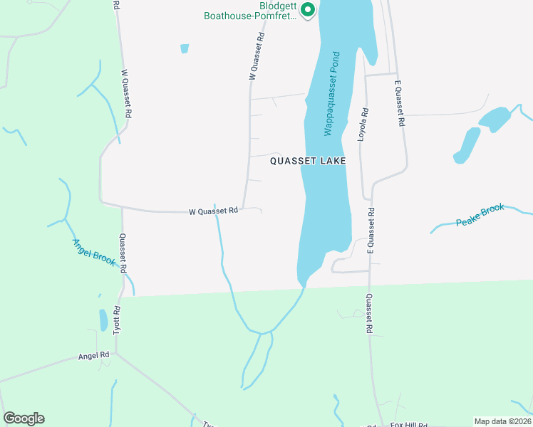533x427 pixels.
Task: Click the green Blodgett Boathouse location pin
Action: pyautogui.click(x=308, y=11)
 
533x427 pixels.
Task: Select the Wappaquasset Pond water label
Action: pyautogui.click(x=329, y=93)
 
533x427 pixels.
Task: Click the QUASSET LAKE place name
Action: pyautogui.click(x=308, y=162)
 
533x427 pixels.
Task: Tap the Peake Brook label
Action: pyautogui.click(x=480, y=215)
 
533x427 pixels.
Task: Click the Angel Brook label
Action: pyautogui.click(x=93, y=252)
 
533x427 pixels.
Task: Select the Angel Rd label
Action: pyautogui.click(x=94, y=354)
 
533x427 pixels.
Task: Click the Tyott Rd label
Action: pyautogui.click(x=119, y=320)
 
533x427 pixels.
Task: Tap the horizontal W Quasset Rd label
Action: pyautogui.click(x=214, y=211)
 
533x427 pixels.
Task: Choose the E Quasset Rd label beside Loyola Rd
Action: pyautogui.click(x=399, y=104)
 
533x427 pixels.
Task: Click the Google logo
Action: pyautogui.click(x=24, y=418)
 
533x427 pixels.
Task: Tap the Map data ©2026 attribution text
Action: pyautogui.click(x=502, y=421)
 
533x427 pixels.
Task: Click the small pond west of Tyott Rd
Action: pyautogui.click(x=103, y=320)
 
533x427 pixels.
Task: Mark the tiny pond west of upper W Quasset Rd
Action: pyautogui.click(x=185, y=48)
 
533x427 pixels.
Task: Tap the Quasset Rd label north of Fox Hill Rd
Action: pyautogui.click(x=371, y=315)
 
